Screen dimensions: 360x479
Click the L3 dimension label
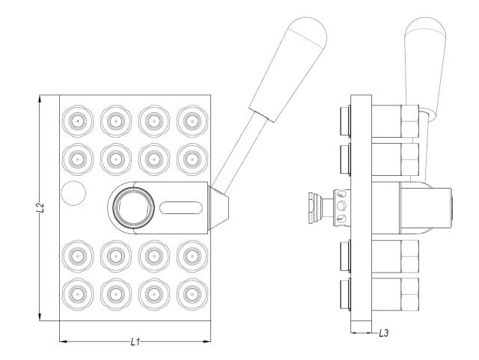(x=383, y=332)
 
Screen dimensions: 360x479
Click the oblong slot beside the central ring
(x=180, y=204)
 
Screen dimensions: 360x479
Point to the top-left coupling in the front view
(x=76, y=120)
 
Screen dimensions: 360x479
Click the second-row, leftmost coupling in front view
(x=76, y=156)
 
